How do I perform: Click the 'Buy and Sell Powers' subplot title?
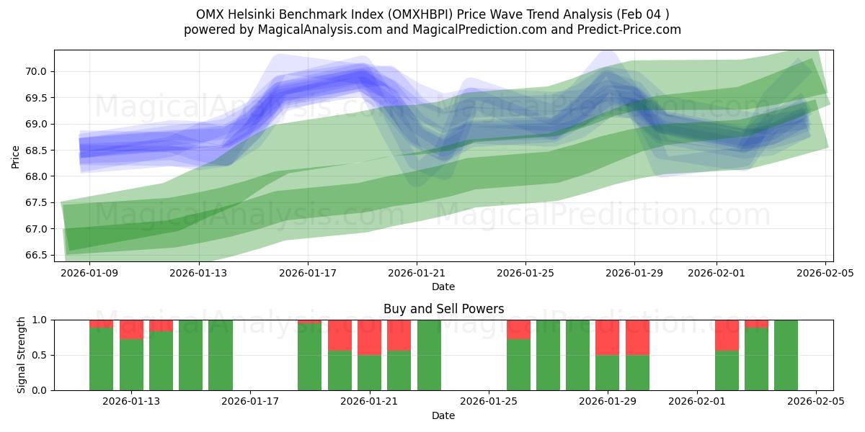[x=443, y=309]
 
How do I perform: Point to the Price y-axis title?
[x=16, y=156]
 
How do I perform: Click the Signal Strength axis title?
[x=22, y=354]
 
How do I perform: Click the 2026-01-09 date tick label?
[x=89, y=273]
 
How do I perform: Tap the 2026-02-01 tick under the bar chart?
[x=697, y=402]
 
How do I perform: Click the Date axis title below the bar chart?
[x=443, y=415]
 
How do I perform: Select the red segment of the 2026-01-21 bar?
[x=369, y=337]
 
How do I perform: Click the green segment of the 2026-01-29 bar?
[x=637, y=372]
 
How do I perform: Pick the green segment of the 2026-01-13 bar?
[x=131, y=364]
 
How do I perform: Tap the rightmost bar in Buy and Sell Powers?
[x=786, y=355]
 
